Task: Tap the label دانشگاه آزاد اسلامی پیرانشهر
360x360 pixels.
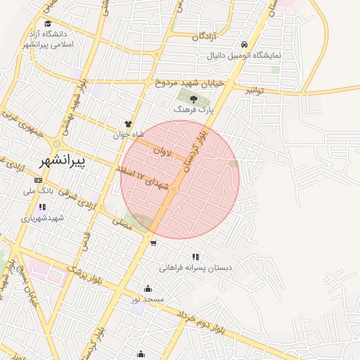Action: tap(48, 39)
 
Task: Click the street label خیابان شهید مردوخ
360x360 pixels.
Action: tap(190, 82)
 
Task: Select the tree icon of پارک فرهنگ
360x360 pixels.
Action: tap(193, 99)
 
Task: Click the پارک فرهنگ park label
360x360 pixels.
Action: tap(193, 110)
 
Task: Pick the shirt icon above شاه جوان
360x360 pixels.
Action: tap(128, 124)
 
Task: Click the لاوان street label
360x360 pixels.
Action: tap(160, 150)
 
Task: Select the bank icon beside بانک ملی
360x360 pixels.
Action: tap(38, 180)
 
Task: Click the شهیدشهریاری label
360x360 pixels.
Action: tap(42, 218)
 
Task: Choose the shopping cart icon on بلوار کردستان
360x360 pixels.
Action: tap(153, 244)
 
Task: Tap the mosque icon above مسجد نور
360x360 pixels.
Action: tap(148, 288)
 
